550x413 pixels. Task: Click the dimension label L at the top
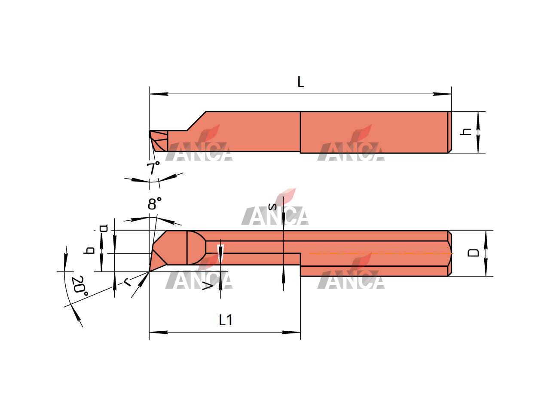[x=300, y=82]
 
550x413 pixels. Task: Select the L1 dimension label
[x=226, y=320]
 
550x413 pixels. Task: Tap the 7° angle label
[x=153, y=168]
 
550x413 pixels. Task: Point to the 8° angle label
[x=154, y=203]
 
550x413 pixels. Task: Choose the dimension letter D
[x=473, y=253]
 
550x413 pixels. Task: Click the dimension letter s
[x=272, y=206]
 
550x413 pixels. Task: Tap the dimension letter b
[x=89, y=250]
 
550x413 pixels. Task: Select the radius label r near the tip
[x=128, y=283]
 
